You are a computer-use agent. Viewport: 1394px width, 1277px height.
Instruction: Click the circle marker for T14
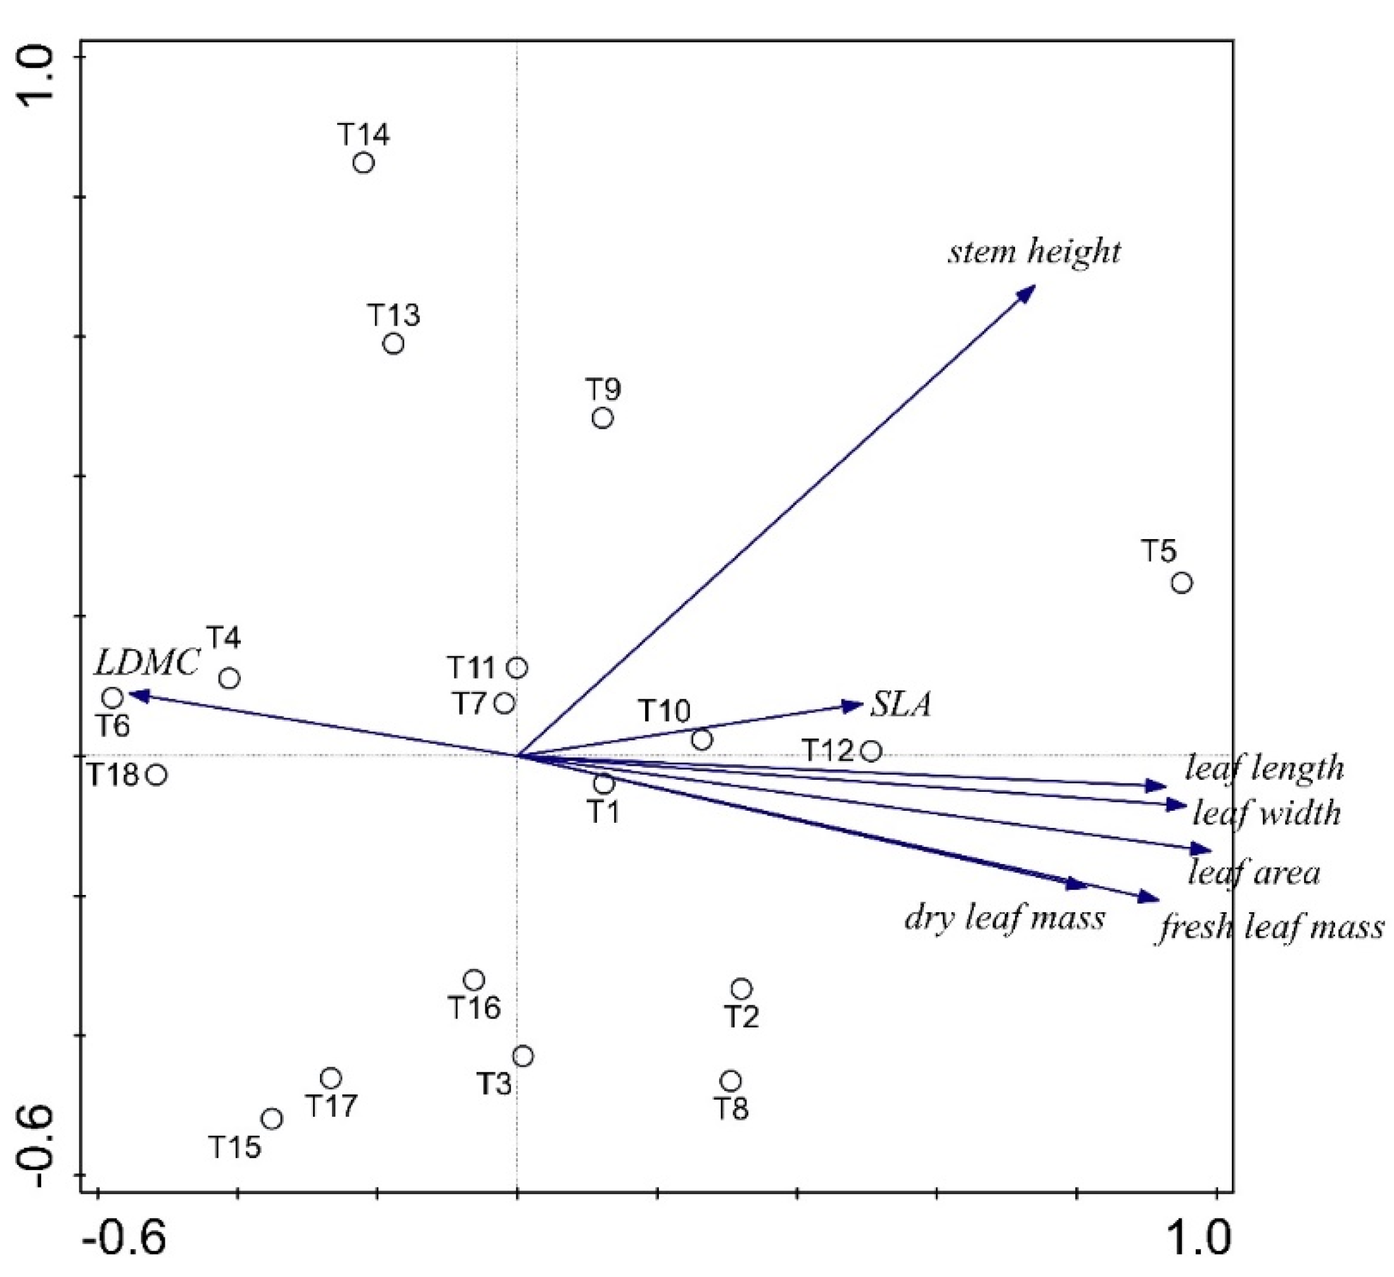click(364, 163)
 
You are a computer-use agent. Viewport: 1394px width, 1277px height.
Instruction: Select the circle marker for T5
click(1182, 583)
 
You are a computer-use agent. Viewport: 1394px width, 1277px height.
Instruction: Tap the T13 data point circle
click(393, 343)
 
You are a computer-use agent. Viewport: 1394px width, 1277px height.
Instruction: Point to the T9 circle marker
click(602, 417)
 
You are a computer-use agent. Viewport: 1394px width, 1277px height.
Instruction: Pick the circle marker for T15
click(272, 1119)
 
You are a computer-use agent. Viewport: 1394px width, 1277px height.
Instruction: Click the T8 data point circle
click(731, 1081)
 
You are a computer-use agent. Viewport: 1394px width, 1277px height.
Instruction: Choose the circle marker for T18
click(157, 774)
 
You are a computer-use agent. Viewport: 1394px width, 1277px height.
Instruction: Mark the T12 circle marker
click(871, 751)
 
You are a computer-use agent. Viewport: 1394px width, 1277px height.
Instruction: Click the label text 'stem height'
click(1033, 251)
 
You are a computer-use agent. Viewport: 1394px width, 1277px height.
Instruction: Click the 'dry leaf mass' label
click(1005, 919)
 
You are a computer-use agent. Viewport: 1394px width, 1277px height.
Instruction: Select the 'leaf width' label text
click(1267, 814)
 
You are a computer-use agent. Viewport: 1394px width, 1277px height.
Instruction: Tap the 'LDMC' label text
click(146, 663)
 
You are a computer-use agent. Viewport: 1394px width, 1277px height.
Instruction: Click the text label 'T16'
click(475, 1008)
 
